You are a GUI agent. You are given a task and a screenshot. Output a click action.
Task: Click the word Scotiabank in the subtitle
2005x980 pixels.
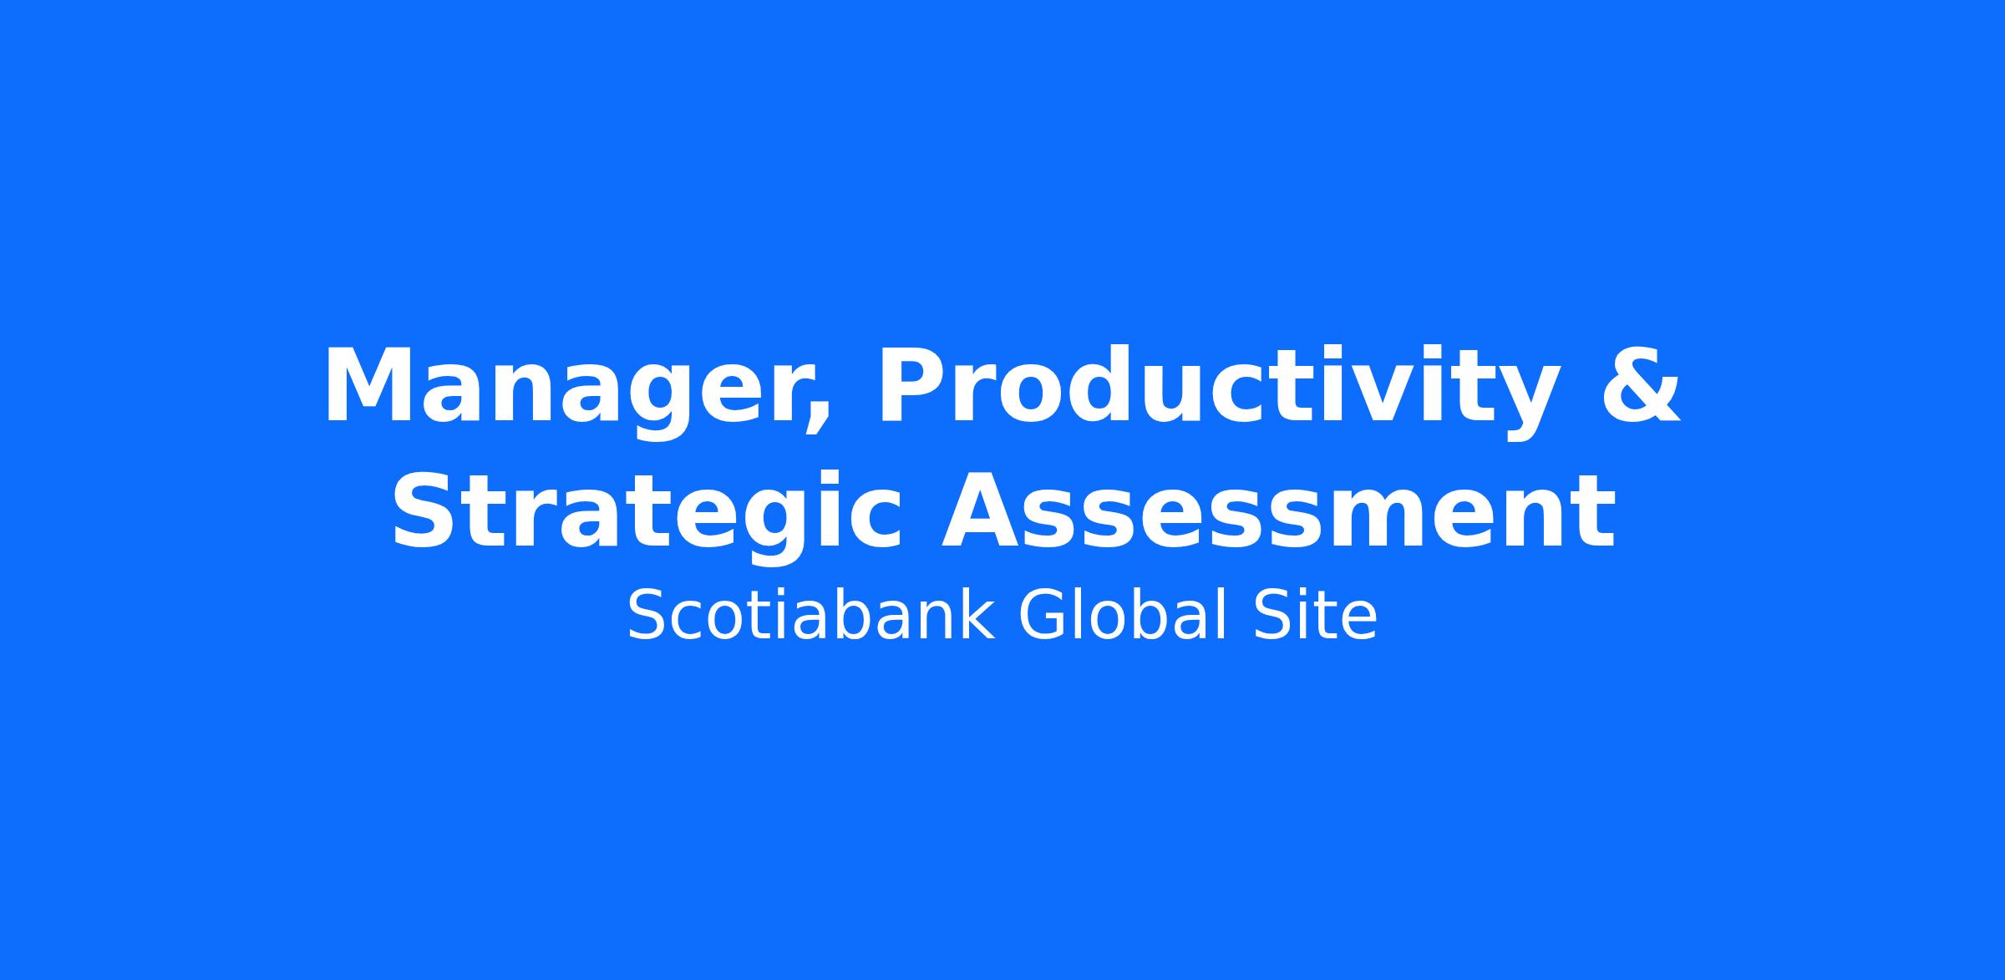[x=810, y=616]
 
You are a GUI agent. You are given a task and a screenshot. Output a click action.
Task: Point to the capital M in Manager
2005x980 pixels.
[x=367, y=386]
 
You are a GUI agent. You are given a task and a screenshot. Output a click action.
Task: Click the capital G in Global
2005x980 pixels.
[x=1044, y=616]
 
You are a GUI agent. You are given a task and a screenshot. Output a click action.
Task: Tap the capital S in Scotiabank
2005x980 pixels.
[x=648, y=616]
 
